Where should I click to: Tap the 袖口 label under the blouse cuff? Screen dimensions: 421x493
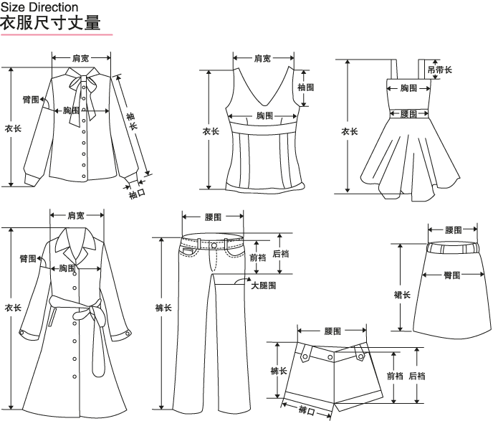pos(137,193)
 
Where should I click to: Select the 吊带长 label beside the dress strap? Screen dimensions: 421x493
pos(439,70)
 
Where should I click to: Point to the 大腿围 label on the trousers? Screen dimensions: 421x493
pos(263,285)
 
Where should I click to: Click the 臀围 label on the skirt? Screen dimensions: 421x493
pos(451,275)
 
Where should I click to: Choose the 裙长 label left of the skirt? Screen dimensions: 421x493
pos(402,295)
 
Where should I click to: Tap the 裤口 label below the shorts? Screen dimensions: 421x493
pos(307,410)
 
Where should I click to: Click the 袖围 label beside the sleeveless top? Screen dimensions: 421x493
pos(305,87)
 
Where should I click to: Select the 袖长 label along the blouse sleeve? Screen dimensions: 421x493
pos(132,120)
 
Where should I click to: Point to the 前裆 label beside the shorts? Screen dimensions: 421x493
pos(395,375)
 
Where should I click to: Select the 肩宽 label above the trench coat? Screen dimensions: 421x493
pos(76,215)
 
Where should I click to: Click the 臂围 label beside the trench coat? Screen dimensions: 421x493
pos(28,258)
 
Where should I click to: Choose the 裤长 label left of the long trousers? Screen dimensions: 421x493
pos(163,308)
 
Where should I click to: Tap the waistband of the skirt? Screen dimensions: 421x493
pos(452,247)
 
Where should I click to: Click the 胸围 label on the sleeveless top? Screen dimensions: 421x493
pos(264,115)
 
